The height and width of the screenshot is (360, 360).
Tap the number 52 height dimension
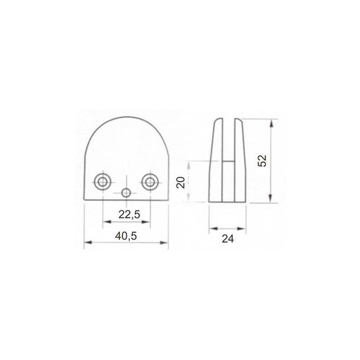pos(262,161)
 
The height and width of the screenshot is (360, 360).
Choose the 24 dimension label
pos(227,239)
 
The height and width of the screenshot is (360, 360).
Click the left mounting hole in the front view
pos(103,182)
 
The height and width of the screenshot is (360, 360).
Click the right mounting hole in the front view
pos(149,182)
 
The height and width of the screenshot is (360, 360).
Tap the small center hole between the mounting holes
pos(126,193)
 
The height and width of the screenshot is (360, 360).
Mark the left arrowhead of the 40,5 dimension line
pos(85,244)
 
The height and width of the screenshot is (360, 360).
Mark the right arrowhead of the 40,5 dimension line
pos(167,244)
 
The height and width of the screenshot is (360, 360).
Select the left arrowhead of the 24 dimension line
pos(210,229)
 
